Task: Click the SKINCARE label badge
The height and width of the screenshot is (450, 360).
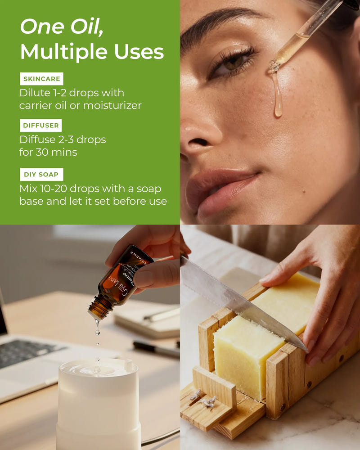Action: (x=41, y=79)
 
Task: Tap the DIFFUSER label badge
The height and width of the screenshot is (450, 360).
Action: (x=41, y=125)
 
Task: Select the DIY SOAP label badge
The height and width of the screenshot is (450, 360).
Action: (x=41, y=174)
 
